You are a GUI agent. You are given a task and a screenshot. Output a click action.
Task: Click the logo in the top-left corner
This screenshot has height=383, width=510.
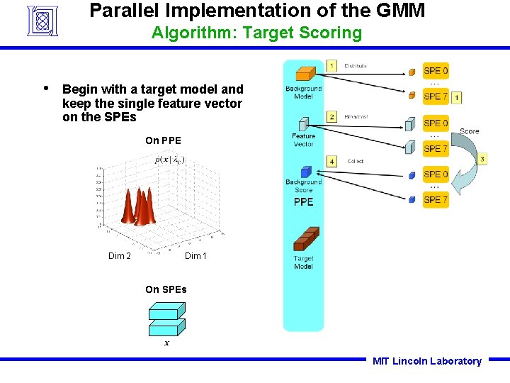pos(45,20)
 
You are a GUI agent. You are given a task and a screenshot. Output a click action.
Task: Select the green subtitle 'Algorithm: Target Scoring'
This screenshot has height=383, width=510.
pos(256,33)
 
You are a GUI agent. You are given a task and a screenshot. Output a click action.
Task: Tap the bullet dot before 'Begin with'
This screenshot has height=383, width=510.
pos(46,89)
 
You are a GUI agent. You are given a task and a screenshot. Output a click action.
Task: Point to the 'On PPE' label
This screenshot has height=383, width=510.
pos(163,140)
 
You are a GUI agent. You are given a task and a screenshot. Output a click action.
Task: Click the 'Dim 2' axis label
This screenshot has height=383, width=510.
pos(119,256)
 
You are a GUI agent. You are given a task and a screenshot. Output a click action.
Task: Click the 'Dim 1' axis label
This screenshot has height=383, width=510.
pos(195,256)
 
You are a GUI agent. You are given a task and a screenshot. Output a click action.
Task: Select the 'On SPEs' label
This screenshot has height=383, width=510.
pos(166,289)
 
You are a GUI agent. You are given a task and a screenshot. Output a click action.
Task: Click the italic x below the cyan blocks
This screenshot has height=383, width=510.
pos(166,343)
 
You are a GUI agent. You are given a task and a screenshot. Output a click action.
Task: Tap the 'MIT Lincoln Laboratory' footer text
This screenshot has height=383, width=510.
pos(426,361)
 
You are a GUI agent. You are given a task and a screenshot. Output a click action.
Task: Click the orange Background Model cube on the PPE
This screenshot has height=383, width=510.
pos(304,74)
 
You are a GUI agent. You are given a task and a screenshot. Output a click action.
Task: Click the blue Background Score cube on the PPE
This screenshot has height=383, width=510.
pos(305,172)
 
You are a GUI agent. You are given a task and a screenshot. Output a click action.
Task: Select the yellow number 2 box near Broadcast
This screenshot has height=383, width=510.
pos(331,116)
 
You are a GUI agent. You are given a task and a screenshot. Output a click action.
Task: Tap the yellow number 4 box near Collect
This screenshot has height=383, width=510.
pos(331,161)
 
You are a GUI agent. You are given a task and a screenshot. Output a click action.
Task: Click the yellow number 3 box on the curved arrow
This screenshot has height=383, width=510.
pos(482,159)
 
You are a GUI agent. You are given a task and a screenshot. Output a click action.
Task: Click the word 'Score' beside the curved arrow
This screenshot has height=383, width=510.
pos(469,131)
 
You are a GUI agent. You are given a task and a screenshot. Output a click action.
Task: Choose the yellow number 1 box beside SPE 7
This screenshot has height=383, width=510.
pos(457,96)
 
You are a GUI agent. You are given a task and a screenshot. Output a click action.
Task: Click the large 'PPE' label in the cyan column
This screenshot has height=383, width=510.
pos(303,202)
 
